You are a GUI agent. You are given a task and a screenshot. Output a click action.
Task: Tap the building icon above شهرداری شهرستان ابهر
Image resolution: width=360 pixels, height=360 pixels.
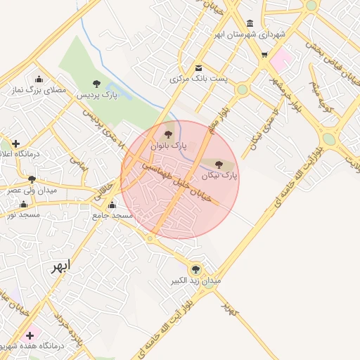tap(251, 23)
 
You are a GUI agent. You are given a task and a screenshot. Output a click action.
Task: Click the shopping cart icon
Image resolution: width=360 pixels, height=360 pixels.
tap(264, 55)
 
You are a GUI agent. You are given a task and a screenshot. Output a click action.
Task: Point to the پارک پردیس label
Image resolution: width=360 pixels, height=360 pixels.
tap(96, 94)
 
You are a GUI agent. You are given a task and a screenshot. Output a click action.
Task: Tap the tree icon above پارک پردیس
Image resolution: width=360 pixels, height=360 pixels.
tap(96, 84)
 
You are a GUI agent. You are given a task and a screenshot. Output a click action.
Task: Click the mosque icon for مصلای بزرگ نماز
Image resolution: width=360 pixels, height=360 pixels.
tap(39, 79)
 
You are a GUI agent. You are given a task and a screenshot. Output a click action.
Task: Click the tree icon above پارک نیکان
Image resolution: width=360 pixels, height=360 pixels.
tap(219, 164)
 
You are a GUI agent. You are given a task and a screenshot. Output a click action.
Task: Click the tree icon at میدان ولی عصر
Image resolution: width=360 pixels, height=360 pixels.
tap(31, 179)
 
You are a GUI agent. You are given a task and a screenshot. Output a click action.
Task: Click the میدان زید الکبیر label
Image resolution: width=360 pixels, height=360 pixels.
tap(197, 281)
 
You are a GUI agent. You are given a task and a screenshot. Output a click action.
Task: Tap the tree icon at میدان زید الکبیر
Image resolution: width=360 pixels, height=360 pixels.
tap(195, 269)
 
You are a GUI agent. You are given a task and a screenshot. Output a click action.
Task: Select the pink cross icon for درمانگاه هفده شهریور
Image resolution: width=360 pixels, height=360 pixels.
tap(30, 335)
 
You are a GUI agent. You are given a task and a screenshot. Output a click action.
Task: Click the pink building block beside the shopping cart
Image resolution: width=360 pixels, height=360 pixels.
tap(281, 59)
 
